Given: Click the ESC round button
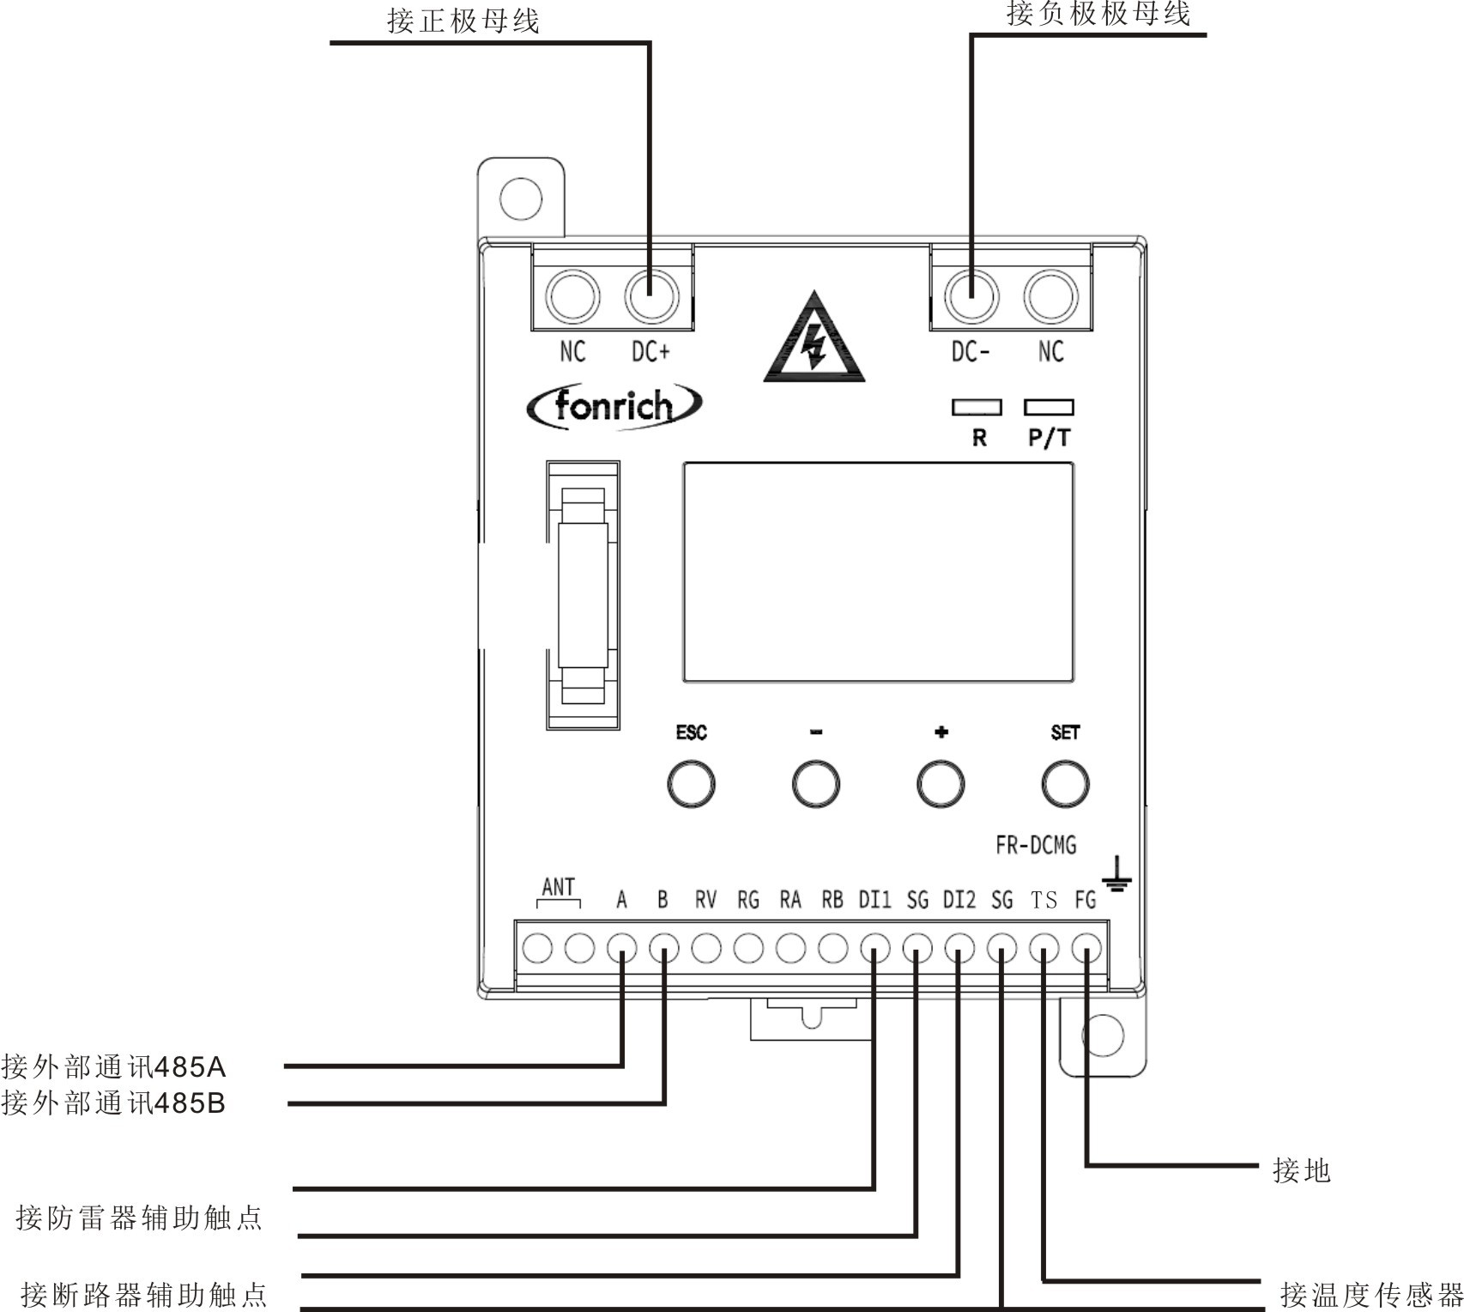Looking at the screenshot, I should (691, 783).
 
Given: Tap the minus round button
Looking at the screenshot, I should (815, 783).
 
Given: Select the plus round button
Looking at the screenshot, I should (941, 783).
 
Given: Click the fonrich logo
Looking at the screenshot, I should (614, 405).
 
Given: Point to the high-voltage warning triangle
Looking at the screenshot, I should (814, 339).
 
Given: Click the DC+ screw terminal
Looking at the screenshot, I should (651, 296).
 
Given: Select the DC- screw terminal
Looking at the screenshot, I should (971, 296).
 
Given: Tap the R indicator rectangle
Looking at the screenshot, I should (977, 407).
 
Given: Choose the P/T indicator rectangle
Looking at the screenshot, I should (1049, 407).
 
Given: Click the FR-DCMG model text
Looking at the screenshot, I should (1036, 846).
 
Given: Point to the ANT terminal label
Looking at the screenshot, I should (559, 887).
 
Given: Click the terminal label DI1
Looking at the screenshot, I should (874, 900).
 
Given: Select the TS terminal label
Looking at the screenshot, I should (1044, 900).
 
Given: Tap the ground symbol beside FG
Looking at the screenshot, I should (1116, 874).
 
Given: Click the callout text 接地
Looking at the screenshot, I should (1301, 1170).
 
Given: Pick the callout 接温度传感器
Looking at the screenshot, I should (1370, 1294).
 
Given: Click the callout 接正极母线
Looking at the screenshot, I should (463, 21).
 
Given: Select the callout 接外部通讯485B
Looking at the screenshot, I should (113, 1102).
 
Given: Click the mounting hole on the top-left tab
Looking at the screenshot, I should (520, 198).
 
